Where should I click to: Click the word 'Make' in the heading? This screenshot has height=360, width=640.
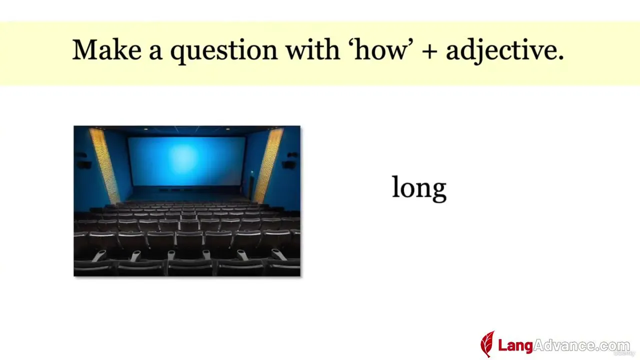point(107,49)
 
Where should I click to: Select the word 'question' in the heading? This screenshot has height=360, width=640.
point(224,52)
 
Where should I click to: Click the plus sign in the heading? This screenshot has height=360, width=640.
point(429,51)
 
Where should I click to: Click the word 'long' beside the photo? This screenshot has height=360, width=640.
point(419,188)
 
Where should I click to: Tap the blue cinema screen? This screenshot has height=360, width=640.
point(187,161)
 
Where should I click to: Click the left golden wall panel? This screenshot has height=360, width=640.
point(104,165)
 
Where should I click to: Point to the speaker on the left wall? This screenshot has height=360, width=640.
point(83,164)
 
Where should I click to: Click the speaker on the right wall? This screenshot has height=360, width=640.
point(289,164)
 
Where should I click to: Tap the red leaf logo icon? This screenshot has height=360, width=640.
point(487,344)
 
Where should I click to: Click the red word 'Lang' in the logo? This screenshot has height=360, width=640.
point(515,345)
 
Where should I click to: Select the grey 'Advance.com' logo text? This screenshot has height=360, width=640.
point(581,345)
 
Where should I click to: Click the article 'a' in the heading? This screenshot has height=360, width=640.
point(155,53)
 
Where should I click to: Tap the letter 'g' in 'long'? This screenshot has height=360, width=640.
point(438,191)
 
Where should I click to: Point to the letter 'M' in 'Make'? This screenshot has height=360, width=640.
point(85,49)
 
